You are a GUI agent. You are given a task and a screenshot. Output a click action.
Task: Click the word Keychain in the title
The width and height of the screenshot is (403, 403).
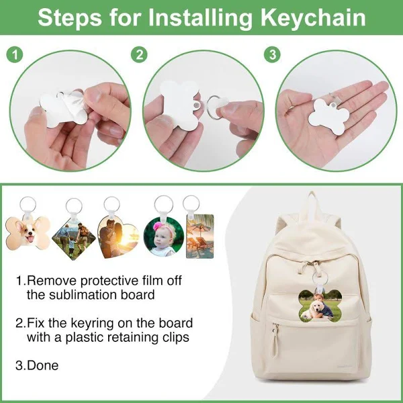point(313,17)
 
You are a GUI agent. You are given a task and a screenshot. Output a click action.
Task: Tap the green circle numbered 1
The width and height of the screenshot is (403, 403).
point(15,55)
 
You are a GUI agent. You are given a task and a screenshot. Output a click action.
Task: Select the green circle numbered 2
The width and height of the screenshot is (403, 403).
point(139,55)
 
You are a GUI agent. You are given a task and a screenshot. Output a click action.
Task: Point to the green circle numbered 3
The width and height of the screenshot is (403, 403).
point(273,54)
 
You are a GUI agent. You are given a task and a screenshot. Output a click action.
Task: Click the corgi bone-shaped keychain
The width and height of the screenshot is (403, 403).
point(28,232)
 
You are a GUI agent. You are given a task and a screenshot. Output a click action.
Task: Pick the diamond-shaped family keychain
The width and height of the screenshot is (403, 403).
point(74,239)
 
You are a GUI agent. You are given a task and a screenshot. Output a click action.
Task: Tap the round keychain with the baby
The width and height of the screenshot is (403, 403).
point(164,236)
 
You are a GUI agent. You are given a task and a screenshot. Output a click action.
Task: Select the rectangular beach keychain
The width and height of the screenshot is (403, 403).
point(200,236)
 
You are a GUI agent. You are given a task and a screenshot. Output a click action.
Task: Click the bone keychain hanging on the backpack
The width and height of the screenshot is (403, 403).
point(320,306)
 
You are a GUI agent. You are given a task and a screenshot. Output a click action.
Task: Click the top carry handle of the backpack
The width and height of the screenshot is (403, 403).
point(312,203)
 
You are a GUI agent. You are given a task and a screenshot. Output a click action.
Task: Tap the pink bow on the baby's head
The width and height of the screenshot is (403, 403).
point(158,226)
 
